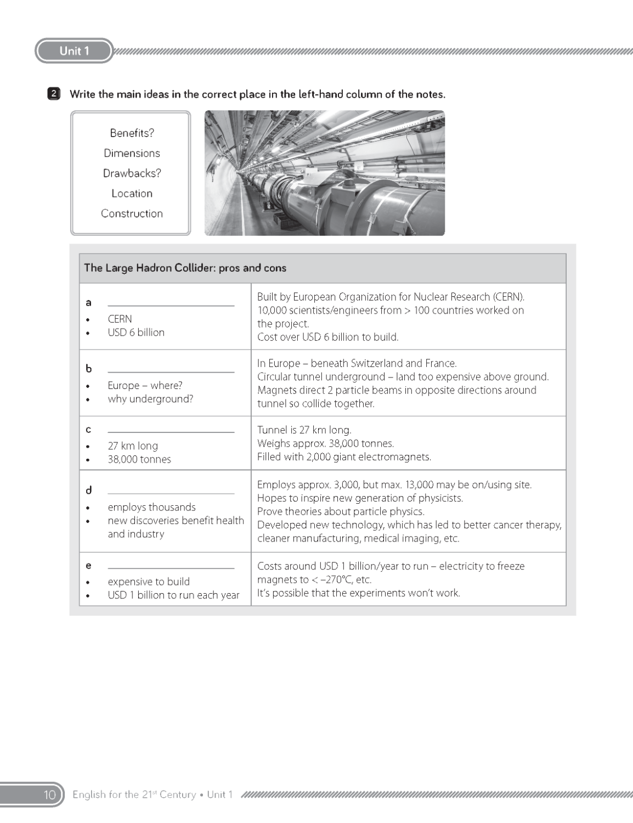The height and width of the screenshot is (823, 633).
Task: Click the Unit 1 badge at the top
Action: [x=74, y=51]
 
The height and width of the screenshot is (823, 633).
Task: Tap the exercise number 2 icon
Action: [x=53, y=94]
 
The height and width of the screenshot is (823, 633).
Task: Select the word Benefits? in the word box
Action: [x=132, y=133]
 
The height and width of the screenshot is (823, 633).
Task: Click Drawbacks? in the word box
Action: [x=132, y=173]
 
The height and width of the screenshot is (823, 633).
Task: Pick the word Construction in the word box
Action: [x=132, y=213]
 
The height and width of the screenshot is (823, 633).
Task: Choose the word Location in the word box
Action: [x=132, y=193]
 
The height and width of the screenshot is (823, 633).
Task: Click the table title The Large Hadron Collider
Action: [x=185, y=268]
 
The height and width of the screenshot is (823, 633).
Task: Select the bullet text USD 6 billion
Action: [x=136, y=332]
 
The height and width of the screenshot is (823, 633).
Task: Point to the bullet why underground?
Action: [x=150, y=399]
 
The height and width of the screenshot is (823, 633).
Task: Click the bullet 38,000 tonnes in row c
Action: [x=139, y=459]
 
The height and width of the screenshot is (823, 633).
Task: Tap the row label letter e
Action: [x=88, y=566]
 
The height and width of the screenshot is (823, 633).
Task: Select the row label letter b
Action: [x=88, y=369]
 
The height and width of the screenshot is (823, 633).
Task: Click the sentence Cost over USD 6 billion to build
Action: [x=327, y=337]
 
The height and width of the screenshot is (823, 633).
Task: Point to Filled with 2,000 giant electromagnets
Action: [x=344, y=456]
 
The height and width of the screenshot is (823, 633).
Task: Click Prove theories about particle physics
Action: [x=341, y=511]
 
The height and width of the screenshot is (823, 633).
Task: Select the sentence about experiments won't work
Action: [x=358, y=593]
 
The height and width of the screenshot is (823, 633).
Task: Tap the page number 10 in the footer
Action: [x=49, y=794]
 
